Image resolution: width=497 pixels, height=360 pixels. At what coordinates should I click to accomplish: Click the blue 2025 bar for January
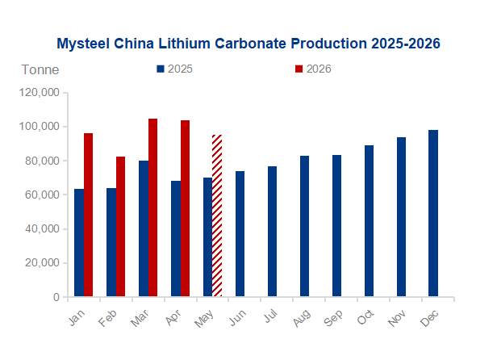point(79,243)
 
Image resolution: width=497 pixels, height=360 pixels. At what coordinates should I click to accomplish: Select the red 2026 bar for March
point(152,207)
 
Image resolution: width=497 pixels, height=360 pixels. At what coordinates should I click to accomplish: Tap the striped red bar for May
point(217,216)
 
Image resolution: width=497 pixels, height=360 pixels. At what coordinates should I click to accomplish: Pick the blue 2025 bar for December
point(433,213)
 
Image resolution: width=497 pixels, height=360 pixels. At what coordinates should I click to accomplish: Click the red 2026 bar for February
point(120,227)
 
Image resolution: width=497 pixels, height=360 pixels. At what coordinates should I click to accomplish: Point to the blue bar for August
point(305,226)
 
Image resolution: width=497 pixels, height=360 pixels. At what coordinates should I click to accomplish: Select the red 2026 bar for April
point(185,208)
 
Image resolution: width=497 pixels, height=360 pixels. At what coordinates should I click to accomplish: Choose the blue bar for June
point(240,234)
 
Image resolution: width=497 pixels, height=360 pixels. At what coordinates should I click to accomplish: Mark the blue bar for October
point(369,220)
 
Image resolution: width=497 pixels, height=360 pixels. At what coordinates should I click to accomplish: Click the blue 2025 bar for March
point(144,228)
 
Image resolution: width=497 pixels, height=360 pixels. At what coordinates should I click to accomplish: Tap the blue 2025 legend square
point(161,69)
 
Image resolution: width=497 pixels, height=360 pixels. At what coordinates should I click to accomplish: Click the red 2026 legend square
point(299,69)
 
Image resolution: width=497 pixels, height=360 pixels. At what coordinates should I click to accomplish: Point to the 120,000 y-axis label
point(40,92)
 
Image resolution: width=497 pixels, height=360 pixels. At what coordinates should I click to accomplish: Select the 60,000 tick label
point(42,195)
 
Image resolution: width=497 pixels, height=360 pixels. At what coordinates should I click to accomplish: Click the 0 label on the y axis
point(56,297)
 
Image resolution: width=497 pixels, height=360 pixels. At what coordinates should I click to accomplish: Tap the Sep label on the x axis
point(333,318)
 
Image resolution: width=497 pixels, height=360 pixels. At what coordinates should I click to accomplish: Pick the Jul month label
point(271,316)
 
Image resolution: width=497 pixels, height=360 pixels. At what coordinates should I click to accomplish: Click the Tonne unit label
point(40,69)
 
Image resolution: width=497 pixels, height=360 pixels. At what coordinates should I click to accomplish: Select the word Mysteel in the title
point(83,44)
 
